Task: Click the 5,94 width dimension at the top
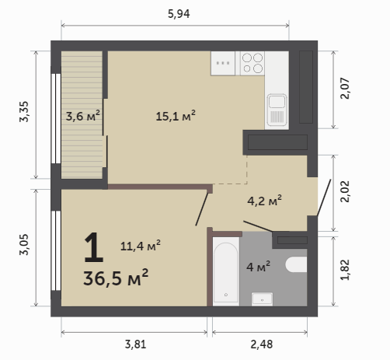[179, 14]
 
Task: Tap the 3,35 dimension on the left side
[24, 112]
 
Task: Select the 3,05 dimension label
[24, 244]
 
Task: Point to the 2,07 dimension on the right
[345, 88]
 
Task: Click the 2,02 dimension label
[345, 191]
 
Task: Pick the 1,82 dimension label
[345, 270]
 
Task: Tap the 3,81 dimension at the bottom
[135, 344]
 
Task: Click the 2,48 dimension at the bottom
[262, 344]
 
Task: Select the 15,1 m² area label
[176, 116]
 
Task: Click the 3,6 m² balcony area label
[82, 116]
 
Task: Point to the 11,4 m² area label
[140, 245]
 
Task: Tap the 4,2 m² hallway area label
[264, 201]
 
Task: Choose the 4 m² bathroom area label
[258, 266]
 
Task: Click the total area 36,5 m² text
[116, 278]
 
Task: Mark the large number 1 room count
[93, 247]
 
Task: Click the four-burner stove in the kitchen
[252, 63]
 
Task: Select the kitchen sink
[277, 110]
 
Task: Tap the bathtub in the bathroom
[226, 271]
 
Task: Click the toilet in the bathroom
[296, 264]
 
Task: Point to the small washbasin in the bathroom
[262, 299]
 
